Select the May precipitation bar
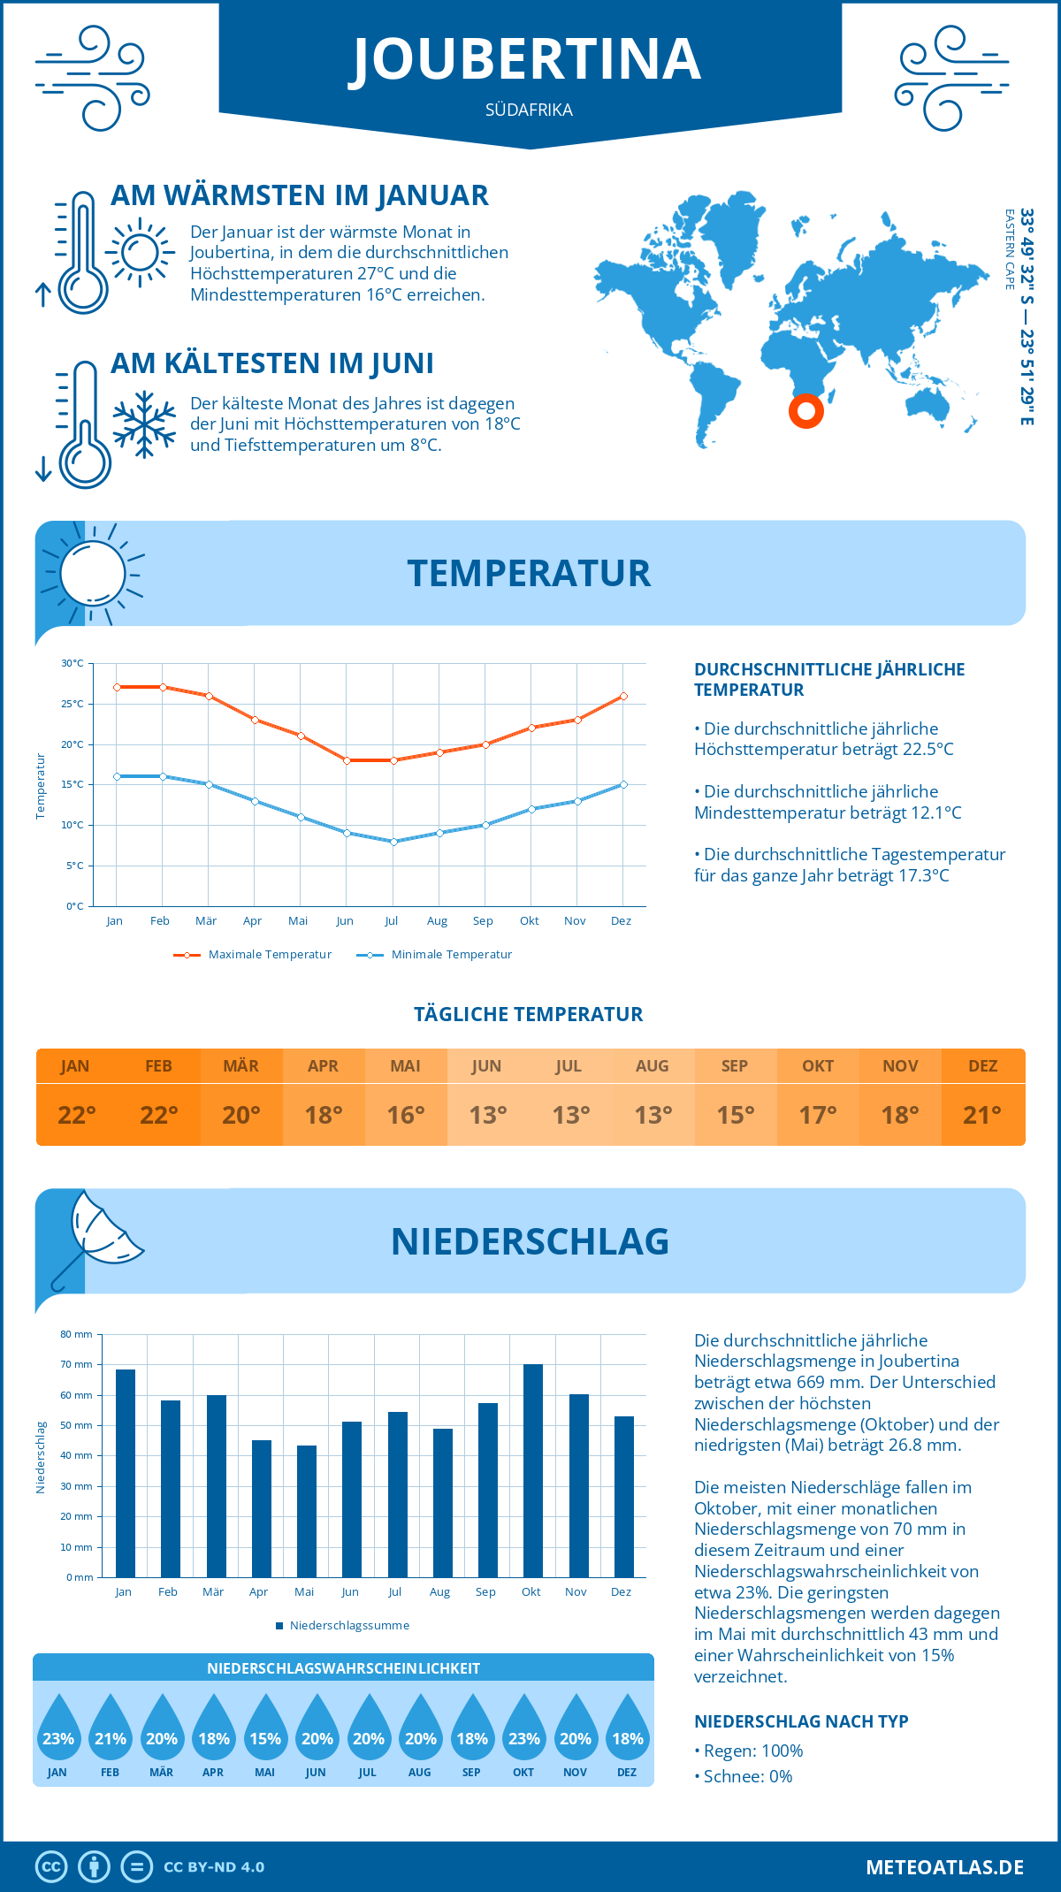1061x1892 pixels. coord(306,1511)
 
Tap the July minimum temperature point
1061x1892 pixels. coord(393,842)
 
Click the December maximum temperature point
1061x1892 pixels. coord(623,697)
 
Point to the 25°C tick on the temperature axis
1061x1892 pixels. coord(73,704)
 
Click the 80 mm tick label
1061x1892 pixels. coord(77,1334)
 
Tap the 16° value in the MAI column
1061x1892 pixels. coord(406,1115)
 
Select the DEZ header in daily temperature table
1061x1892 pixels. coord(982,1066)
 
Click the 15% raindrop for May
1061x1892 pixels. coord(265,1728)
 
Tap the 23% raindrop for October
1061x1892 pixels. coord(523,1728)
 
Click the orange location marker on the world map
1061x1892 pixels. coord(805,410)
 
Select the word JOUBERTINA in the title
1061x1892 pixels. coord(528,60)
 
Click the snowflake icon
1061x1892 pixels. coord(144,424)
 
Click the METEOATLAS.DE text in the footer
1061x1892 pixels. coord(944,1867)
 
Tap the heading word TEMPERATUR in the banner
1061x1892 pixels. coord(529,573)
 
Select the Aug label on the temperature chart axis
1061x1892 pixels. coord(437,921)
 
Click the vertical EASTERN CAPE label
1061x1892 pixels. coord(1009,249)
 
